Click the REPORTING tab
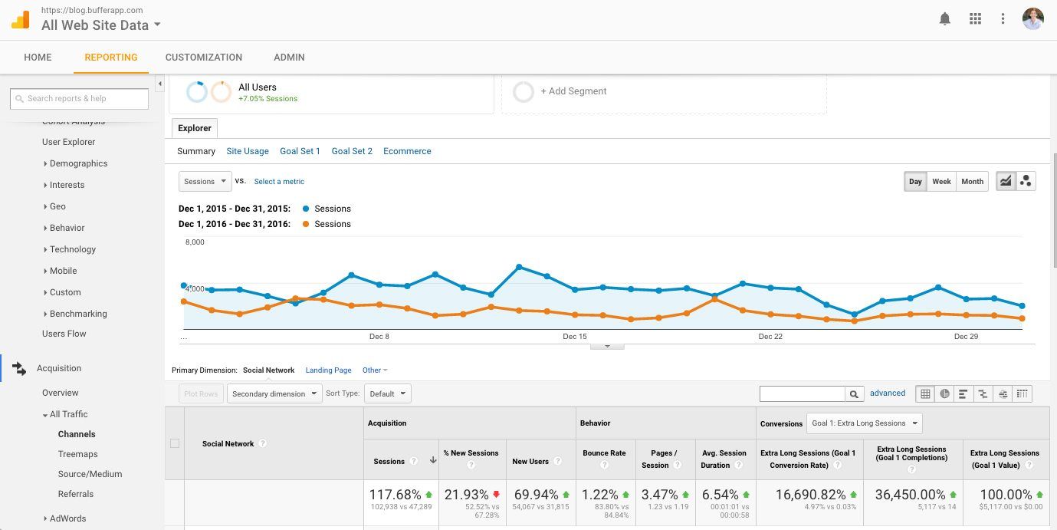click(111, 58)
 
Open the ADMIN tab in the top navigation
click(289, 58)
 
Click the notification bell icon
click(944, 19)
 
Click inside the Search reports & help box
click(80, 98)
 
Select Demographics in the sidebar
click(78, 163)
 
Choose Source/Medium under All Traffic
click(90, 474)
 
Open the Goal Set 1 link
click(300, 151)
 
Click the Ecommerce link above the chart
click(407, 151)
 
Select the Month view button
click(972, 182)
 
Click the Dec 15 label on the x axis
click(574, 337)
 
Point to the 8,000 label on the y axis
click(195, 242)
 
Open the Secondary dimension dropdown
click(274, 394)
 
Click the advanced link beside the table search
click(888, 393)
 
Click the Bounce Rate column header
click(604, 453)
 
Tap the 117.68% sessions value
click(395, 495)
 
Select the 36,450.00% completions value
click(911, 495)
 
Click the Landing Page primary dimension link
click(328, 370)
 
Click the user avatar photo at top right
click(1032, 19)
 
